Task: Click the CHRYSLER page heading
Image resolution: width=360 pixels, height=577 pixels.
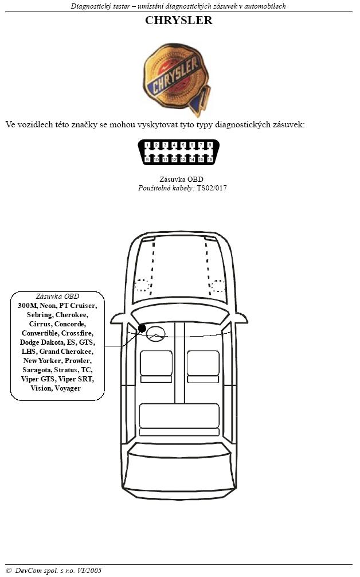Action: (179, 20)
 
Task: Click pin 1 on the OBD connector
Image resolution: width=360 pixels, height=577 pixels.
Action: (147, 145)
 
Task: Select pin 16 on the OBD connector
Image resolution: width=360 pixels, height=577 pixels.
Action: (210, 159)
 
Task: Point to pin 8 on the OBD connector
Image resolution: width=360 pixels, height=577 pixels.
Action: (210, 145)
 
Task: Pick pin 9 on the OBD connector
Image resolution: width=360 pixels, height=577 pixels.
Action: (147, 159)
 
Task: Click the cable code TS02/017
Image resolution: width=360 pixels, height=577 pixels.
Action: (212, 188)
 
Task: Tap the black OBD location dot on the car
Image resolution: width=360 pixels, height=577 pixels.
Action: (142, 328)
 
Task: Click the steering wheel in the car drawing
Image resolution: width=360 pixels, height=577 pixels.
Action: (155, 333)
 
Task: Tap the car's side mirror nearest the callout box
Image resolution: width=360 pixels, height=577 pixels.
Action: (118, 318)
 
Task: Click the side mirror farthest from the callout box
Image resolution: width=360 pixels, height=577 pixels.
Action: (241, 318)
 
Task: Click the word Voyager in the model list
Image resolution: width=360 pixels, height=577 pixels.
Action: (68, 389)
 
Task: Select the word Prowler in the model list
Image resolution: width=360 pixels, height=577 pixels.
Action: (78, 361)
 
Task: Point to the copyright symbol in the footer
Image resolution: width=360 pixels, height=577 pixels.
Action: (9, 571)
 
